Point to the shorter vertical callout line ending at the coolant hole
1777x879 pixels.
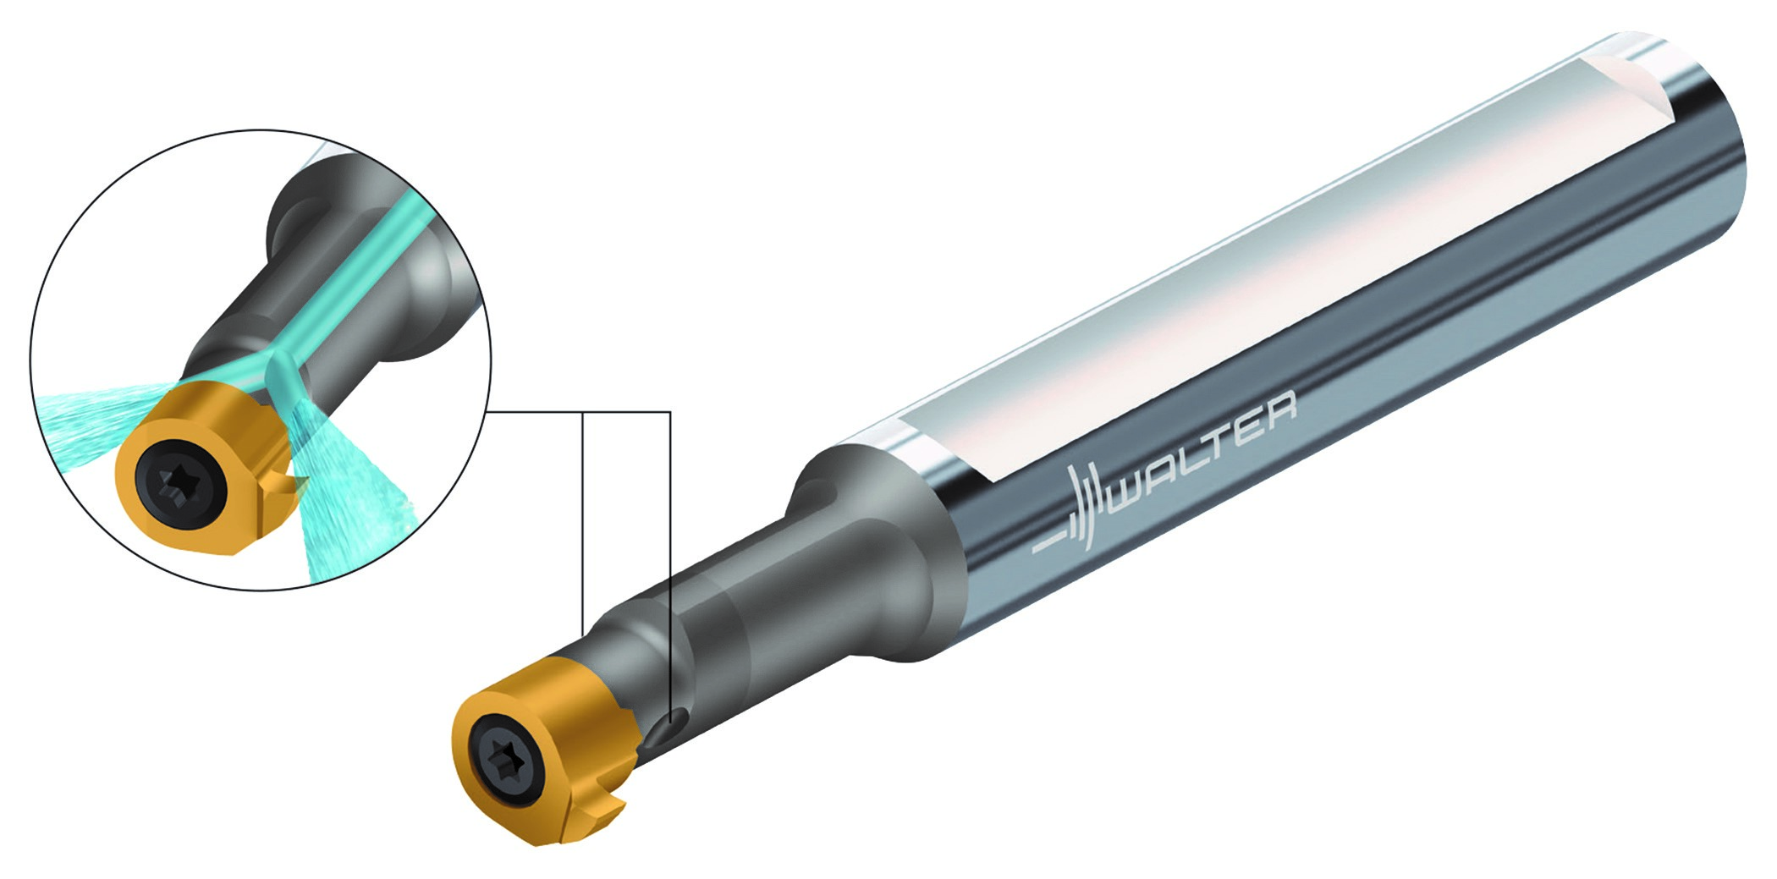[x=670, y=550]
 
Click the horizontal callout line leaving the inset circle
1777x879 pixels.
[x=575, y=412]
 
